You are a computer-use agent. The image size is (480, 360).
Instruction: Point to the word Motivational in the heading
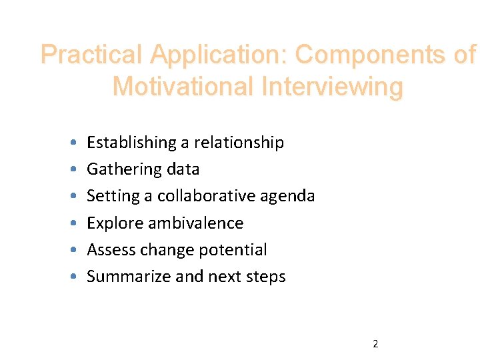[x=184, y=87]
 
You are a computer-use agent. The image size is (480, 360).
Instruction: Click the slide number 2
[x=375, y=344]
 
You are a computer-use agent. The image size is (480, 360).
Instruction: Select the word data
[x=183, y=169]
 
